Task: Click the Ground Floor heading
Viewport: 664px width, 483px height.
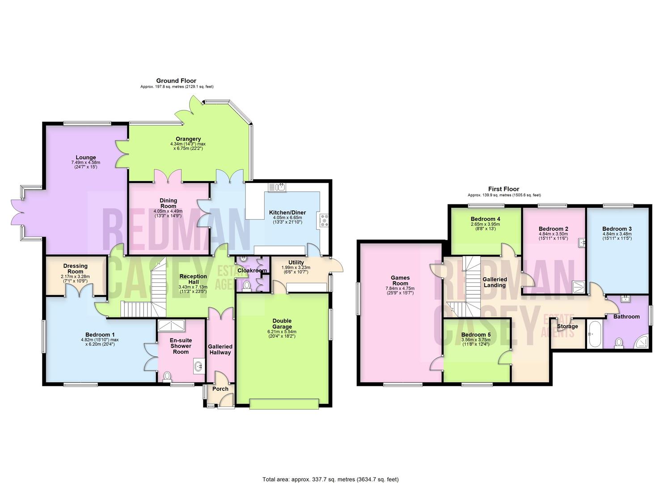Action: click(176, 80)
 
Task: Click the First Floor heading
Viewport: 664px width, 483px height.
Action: click(503, 189)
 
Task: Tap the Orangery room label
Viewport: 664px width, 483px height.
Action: click(188, 139)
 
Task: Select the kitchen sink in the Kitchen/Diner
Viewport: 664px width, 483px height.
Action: click(277, 187)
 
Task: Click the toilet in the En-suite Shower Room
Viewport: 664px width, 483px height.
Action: click(167, 377)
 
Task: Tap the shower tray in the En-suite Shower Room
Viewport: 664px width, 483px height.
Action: click(171, 325)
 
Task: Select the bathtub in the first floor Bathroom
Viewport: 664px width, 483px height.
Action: click(595, 334)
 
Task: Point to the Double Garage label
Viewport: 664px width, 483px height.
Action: click(282, 323)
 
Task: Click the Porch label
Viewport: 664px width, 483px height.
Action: click(220, 389)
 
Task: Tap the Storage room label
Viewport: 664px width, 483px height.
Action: click(567, 326)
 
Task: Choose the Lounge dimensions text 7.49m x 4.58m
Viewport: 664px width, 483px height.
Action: click(86, 162)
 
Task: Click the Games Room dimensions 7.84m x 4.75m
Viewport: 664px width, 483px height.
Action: click(400, 288)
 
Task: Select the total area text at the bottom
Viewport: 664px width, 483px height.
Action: click(330, 471)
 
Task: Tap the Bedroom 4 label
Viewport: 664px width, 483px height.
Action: click(485, 219)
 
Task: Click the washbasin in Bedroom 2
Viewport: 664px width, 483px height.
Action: click(582, 242)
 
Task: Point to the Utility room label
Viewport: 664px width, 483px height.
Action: click(296, 263)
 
